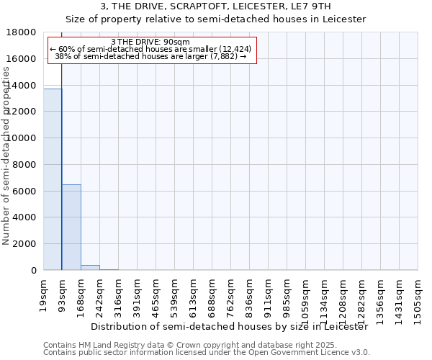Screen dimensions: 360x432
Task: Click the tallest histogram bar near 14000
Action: click(x=53, y=179)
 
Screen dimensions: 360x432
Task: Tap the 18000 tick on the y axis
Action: click(x=22, y=32)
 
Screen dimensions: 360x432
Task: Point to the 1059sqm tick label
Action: click(x=305, y=295)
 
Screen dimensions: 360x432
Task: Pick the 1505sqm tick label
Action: click(x=418, y=295)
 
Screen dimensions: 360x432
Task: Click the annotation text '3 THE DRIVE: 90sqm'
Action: click(x=151, y=42)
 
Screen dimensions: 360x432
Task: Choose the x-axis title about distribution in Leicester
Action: click(x=229, y=326)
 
